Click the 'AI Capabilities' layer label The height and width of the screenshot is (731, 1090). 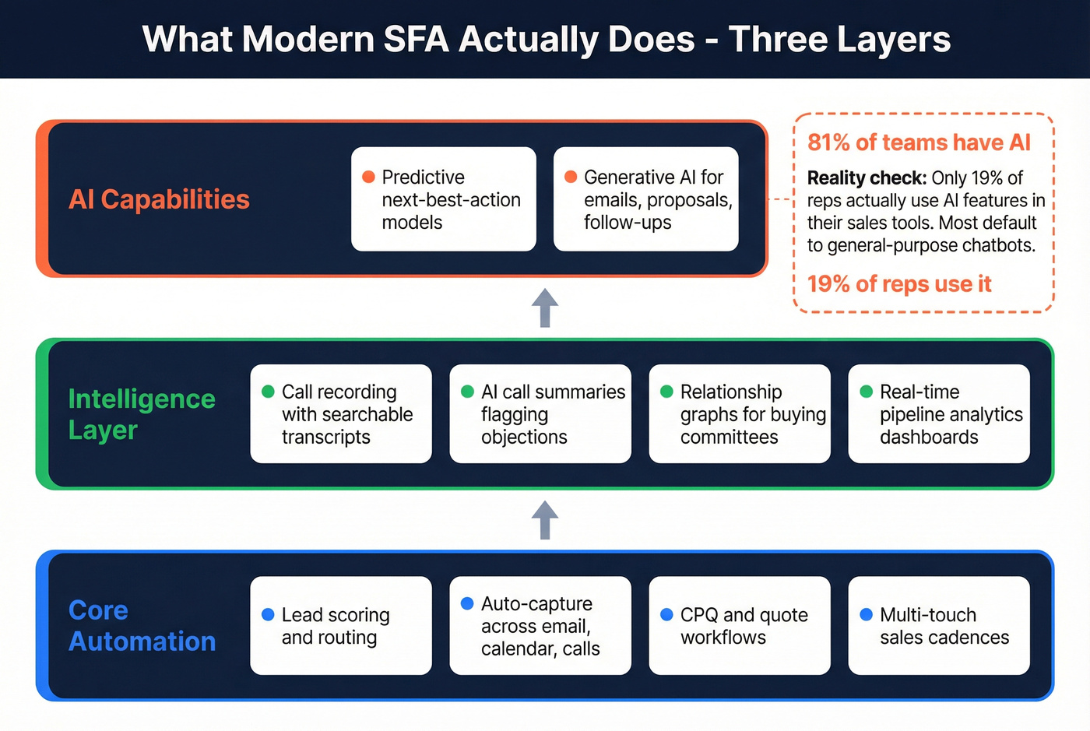159,199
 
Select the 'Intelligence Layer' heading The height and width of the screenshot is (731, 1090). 141,414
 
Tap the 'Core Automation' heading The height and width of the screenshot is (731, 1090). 142,626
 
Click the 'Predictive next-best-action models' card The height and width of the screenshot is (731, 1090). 444,199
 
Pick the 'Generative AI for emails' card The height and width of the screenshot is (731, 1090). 645,199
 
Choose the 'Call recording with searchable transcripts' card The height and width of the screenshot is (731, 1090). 341,414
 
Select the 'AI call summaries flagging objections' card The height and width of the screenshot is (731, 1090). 540,414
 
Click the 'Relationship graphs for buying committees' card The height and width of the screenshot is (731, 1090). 740,414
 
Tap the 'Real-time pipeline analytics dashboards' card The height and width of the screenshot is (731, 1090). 939,414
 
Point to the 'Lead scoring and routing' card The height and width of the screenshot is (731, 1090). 341,626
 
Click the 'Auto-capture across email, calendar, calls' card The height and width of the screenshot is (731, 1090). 540,626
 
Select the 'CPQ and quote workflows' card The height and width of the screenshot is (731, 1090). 740,626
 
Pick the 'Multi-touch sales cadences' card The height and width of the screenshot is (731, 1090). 939,626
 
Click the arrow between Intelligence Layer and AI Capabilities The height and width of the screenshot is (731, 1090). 545,308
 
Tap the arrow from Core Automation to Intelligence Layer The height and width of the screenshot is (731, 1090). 545,520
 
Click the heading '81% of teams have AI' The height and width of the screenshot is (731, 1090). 919,142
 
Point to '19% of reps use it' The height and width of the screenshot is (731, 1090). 899,284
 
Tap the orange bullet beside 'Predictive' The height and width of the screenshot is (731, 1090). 369,177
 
